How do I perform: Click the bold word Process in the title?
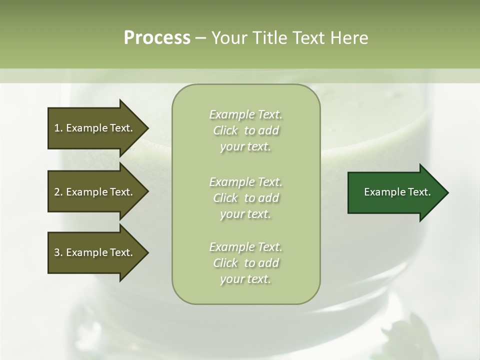[157, 38]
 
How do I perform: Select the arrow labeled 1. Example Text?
[95, 128]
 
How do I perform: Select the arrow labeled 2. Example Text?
[95, 192]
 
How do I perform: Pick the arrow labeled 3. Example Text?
[95, 252]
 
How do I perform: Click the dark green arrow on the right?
[395, 192]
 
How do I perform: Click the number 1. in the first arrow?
[58, 128]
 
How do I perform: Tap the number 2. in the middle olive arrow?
[58, 192]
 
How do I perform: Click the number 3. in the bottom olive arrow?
[58, 252]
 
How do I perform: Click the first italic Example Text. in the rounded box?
[245, 114]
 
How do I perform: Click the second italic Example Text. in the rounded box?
[245, 181]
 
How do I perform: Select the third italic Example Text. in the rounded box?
[245, 247]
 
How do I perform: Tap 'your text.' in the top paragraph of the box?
[245, 147]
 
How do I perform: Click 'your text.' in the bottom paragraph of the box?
[245, 279]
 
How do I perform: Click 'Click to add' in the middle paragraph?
[245, 198]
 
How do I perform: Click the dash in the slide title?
[201, 38]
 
